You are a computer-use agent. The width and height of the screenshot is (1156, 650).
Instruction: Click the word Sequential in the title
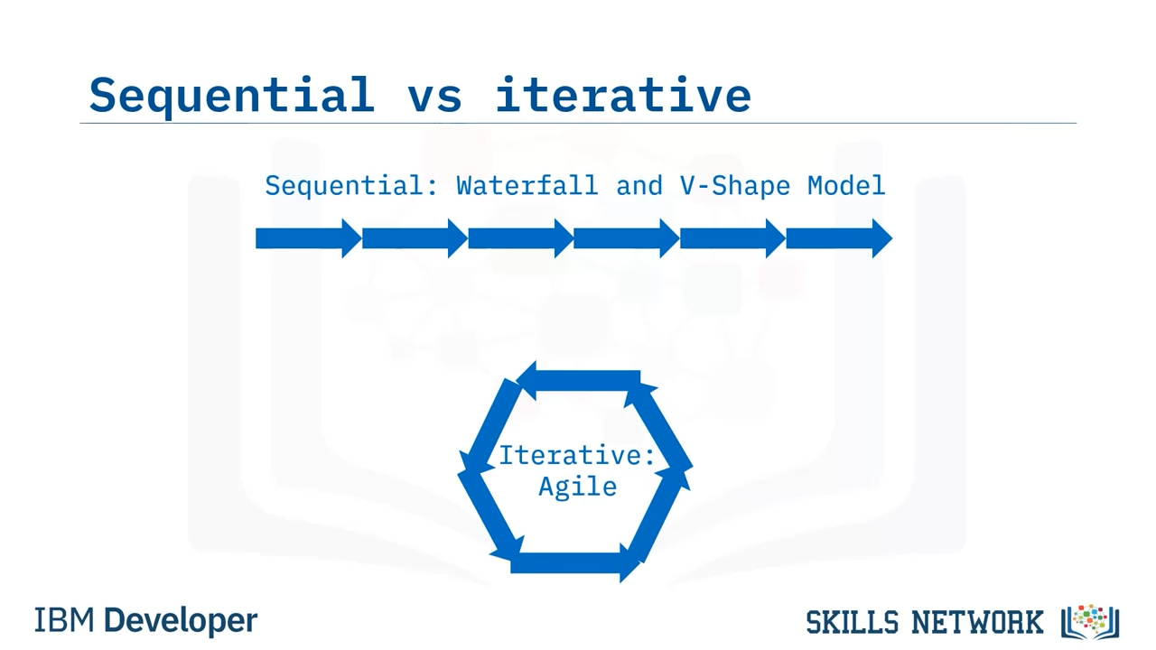click(x=232, y=97)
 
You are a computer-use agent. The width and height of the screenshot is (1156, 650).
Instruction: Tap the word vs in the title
click(x=434, y=98)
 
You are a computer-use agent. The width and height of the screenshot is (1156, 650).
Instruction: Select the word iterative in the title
click(x=623, y=95)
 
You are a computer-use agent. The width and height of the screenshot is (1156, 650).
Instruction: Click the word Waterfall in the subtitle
click(x=527, y=186)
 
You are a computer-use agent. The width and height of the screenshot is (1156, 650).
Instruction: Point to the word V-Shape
click(x=735, y=186)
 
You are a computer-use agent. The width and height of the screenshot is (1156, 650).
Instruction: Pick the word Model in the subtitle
click(x=846, y=186)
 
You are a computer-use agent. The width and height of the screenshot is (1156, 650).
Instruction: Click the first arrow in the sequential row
click(x=309, y=238)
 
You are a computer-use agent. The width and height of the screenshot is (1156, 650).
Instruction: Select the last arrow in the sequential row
click(x=839, y=238)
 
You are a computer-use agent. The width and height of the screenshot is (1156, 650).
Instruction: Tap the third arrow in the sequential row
click(x=521, y=238)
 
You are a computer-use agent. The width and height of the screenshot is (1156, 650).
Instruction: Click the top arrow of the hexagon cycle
click(x=578, y=381)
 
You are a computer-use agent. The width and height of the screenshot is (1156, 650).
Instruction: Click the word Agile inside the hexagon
click(x=577, y=487)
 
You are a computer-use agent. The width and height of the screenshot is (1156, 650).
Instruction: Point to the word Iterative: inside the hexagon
click(x=576, y=456)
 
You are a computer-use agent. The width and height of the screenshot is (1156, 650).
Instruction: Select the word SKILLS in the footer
click(x=852, y=622)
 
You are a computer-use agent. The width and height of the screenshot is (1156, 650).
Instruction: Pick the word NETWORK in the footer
click(x=977, y=622)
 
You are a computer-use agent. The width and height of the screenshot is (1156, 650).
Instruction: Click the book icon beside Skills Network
click(x=1090, y=622)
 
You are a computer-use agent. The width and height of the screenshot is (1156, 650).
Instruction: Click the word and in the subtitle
click(x=639, y=186)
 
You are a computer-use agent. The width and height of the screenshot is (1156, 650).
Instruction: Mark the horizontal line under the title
click(x=578, y=124)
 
